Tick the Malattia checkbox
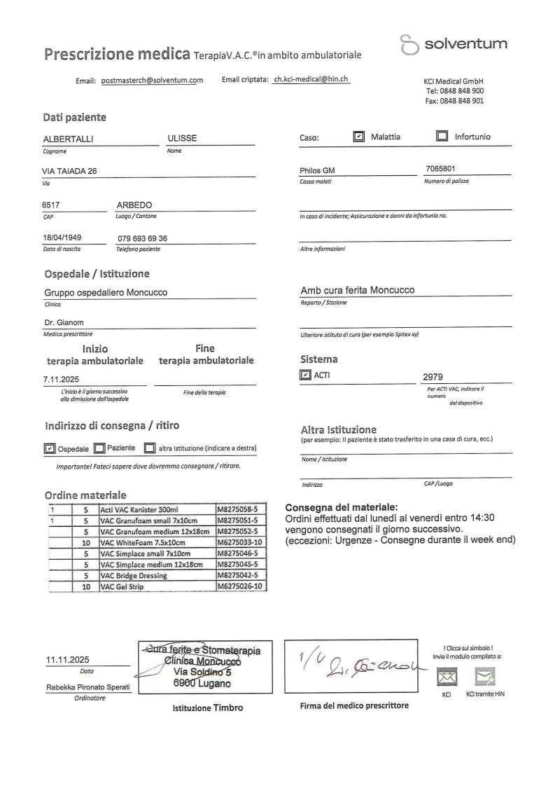click(359, 137)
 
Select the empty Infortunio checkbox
click(442, 137)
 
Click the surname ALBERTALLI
click(69, 139)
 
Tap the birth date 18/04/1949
click(62, 237)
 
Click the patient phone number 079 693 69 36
click(143, 238)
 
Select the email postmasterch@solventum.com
click(152, 81)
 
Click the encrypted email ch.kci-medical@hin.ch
click(311, 80)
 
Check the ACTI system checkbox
click(304, 375)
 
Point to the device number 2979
click(434, 376)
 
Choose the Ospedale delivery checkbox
click(50, 448)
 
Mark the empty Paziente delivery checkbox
click(99, 448)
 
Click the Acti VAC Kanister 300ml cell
click(140, 509)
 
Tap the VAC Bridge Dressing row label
click(134, 576)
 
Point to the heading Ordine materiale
click(85, 495)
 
